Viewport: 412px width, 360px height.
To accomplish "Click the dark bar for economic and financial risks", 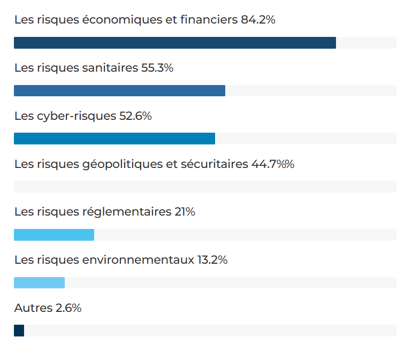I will click(x=174, y=43).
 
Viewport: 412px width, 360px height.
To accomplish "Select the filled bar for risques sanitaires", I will click(x=119, y=90).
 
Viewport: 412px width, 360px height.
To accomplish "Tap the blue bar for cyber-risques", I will click(x=114, y=139).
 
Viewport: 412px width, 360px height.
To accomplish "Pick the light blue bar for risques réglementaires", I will click(x=54, y=235).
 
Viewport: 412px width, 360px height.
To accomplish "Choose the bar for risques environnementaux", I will click(x=39, y=282).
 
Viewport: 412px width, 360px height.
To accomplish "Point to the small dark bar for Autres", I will click(x=19, y=331).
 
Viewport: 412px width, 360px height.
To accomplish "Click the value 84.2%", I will click(x=258, y=20).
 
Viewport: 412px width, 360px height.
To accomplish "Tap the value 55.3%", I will click(x=157, y=68).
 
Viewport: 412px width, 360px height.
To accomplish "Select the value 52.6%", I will click(x=135, y=116).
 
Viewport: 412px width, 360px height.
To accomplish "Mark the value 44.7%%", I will click(x=273, y=164).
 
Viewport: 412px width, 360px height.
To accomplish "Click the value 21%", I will click(x=185, y=212).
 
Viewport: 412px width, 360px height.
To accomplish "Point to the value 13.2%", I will click(x=212, y=260).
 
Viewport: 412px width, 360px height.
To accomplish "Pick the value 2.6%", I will click(x=68, y=308).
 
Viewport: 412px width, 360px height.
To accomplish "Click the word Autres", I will click(x=33, y=308).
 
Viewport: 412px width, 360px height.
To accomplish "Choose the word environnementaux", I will click(x=138, y=260).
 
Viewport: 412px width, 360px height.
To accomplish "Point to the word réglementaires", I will click(x=126, y=212).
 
